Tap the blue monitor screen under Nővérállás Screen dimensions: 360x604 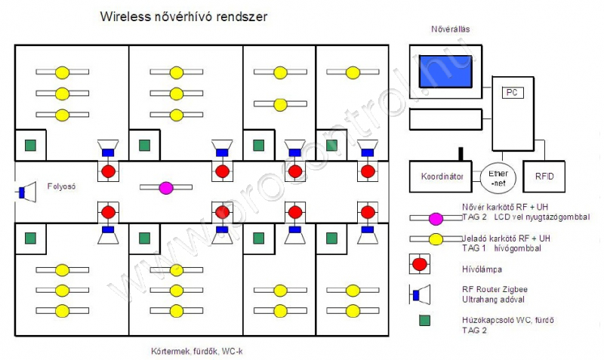pyautogui.click(x=445, y=75)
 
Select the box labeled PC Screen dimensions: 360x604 pyautogui.click(x=512, y=92)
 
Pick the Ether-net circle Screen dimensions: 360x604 pyautogui.click(x=498, y=177)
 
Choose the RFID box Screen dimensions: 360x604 pyautogui.click(x=544, y=177)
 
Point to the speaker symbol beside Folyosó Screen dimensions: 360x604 pyautogui.click(x=26, y=192)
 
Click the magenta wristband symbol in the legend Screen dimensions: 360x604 pyautogui.click(x=435, y=218)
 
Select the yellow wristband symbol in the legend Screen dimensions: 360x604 pyautogui.click(x=435, y=240)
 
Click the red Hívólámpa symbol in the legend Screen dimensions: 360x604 pyautogui.click(x=421, y=266)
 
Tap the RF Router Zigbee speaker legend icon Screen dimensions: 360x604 pyautogui.click(x=420, y=294)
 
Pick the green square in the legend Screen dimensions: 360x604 pyautogui.click(x=421, y=321)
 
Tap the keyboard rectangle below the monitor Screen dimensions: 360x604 pyautogui.click(x=445, y=119)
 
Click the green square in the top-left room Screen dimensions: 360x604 pyautogui.click(x=31, y=145)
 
